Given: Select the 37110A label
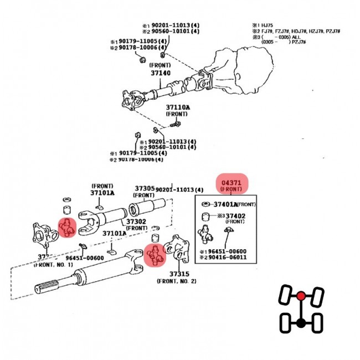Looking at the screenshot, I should tap(178, 107).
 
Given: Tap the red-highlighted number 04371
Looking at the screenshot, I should tap(232, 182).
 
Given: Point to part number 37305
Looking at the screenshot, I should tap(144, 189).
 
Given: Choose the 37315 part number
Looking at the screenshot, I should tap(179, 274).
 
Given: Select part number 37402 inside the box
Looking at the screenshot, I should tap(234, 215).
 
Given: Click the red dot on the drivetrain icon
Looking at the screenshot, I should tap(300, 295).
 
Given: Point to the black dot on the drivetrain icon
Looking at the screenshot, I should tap(300, 322).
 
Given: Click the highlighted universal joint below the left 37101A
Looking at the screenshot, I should tap(67, 227).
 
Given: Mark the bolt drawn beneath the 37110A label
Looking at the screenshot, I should tap(179, 122).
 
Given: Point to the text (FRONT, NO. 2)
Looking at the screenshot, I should tap(176, 281).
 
